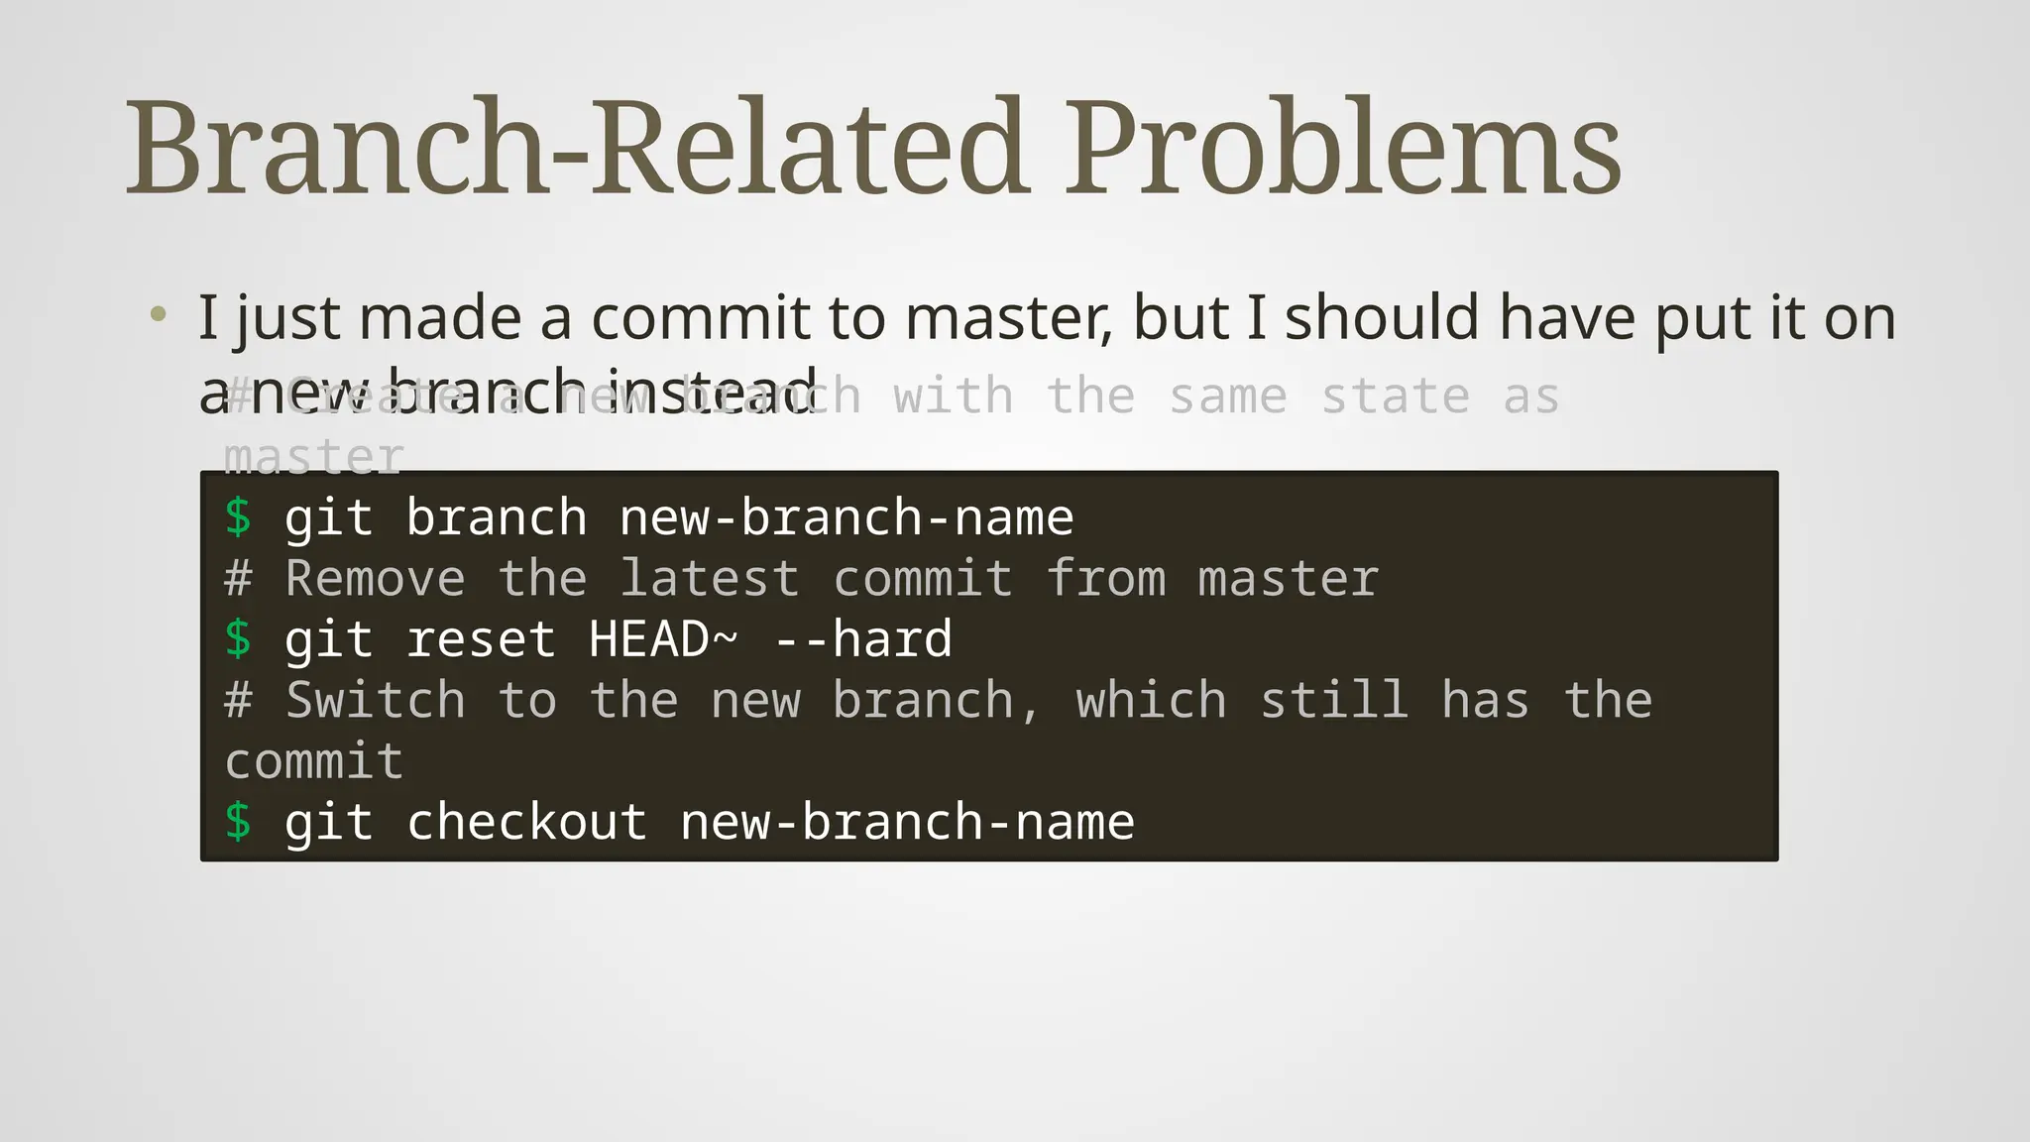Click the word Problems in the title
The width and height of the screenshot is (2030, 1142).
(1343, 149)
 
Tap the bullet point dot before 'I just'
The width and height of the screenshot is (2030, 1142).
(158, 316)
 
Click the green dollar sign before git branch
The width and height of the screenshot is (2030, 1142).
(238, 517)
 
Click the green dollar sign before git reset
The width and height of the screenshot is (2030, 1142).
(238, 638)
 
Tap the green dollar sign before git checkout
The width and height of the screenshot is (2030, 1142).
(238, 822)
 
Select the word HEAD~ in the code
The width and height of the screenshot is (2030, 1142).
(663, 638)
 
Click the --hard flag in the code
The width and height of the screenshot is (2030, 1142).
(862, 638)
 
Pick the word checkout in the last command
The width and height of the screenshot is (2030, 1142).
(526, 822)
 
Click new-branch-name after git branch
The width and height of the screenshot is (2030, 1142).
(846, 517)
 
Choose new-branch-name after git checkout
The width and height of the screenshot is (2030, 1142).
(907, 822)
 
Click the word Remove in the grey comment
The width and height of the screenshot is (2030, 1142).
(375, 578)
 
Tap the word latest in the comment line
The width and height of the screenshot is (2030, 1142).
(709, 578)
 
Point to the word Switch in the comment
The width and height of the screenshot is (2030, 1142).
(375, 700)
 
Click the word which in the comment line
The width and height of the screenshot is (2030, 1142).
(1151, 700)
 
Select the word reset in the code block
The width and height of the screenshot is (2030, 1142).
(481, 638)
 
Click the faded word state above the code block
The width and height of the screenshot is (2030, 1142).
(1395, 397)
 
